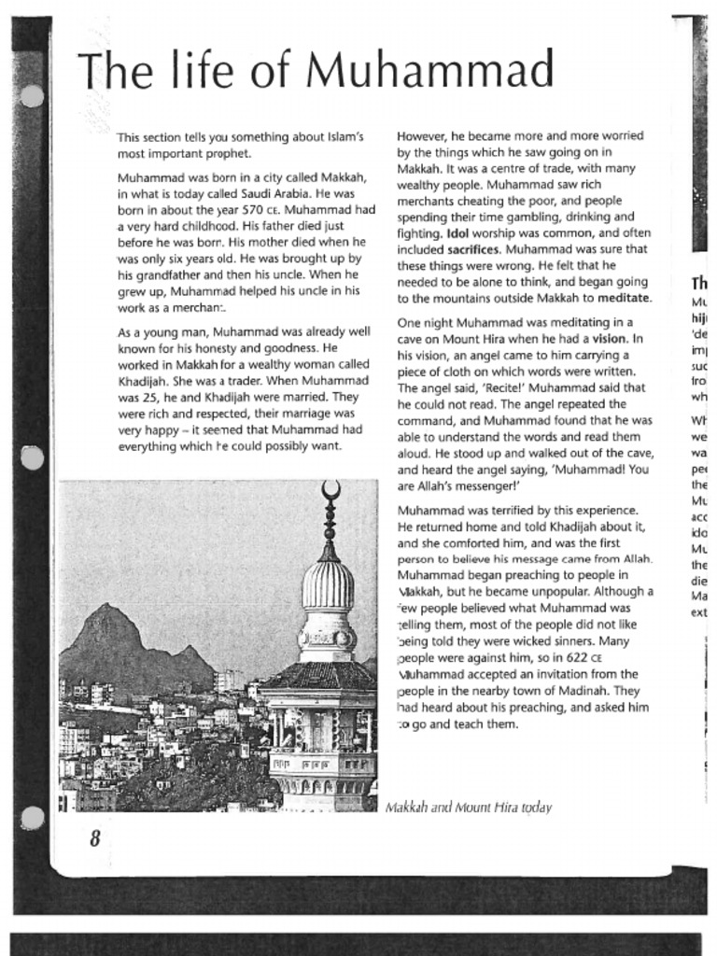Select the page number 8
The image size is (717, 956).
(x=94, y=838)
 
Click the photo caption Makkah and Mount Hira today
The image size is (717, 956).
(x=468, y=807)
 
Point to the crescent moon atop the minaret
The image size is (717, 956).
(x=330, y=489)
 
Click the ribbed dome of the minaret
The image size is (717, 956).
(x=328, y=584)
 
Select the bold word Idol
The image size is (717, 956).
(x=457, y=233)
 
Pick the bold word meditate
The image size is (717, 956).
(x=624, y=299)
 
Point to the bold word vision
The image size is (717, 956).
(x=609, y=339)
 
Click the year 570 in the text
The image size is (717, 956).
(x=254, y=210)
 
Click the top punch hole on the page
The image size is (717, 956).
(x=32, y=96)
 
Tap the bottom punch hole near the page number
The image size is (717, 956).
(x=32, y=818)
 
